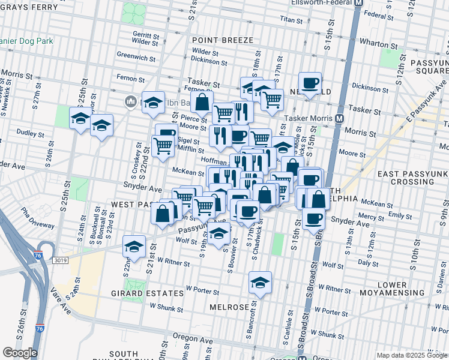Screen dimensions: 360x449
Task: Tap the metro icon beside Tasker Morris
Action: click(339, 118)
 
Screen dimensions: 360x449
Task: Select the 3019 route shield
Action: click(59, 260)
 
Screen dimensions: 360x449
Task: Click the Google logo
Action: click(20, 353)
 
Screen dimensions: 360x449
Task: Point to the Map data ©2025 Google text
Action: click(411, 355)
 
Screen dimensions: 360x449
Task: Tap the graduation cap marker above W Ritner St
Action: click(134, 247)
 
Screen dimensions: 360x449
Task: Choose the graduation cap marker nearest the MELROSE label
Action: click(259, 282)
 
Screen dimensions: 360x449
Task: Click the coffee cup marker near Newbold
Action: click(310, 83)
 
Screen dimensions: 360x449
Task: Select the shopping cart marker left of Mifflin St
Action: click(163, 145)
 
